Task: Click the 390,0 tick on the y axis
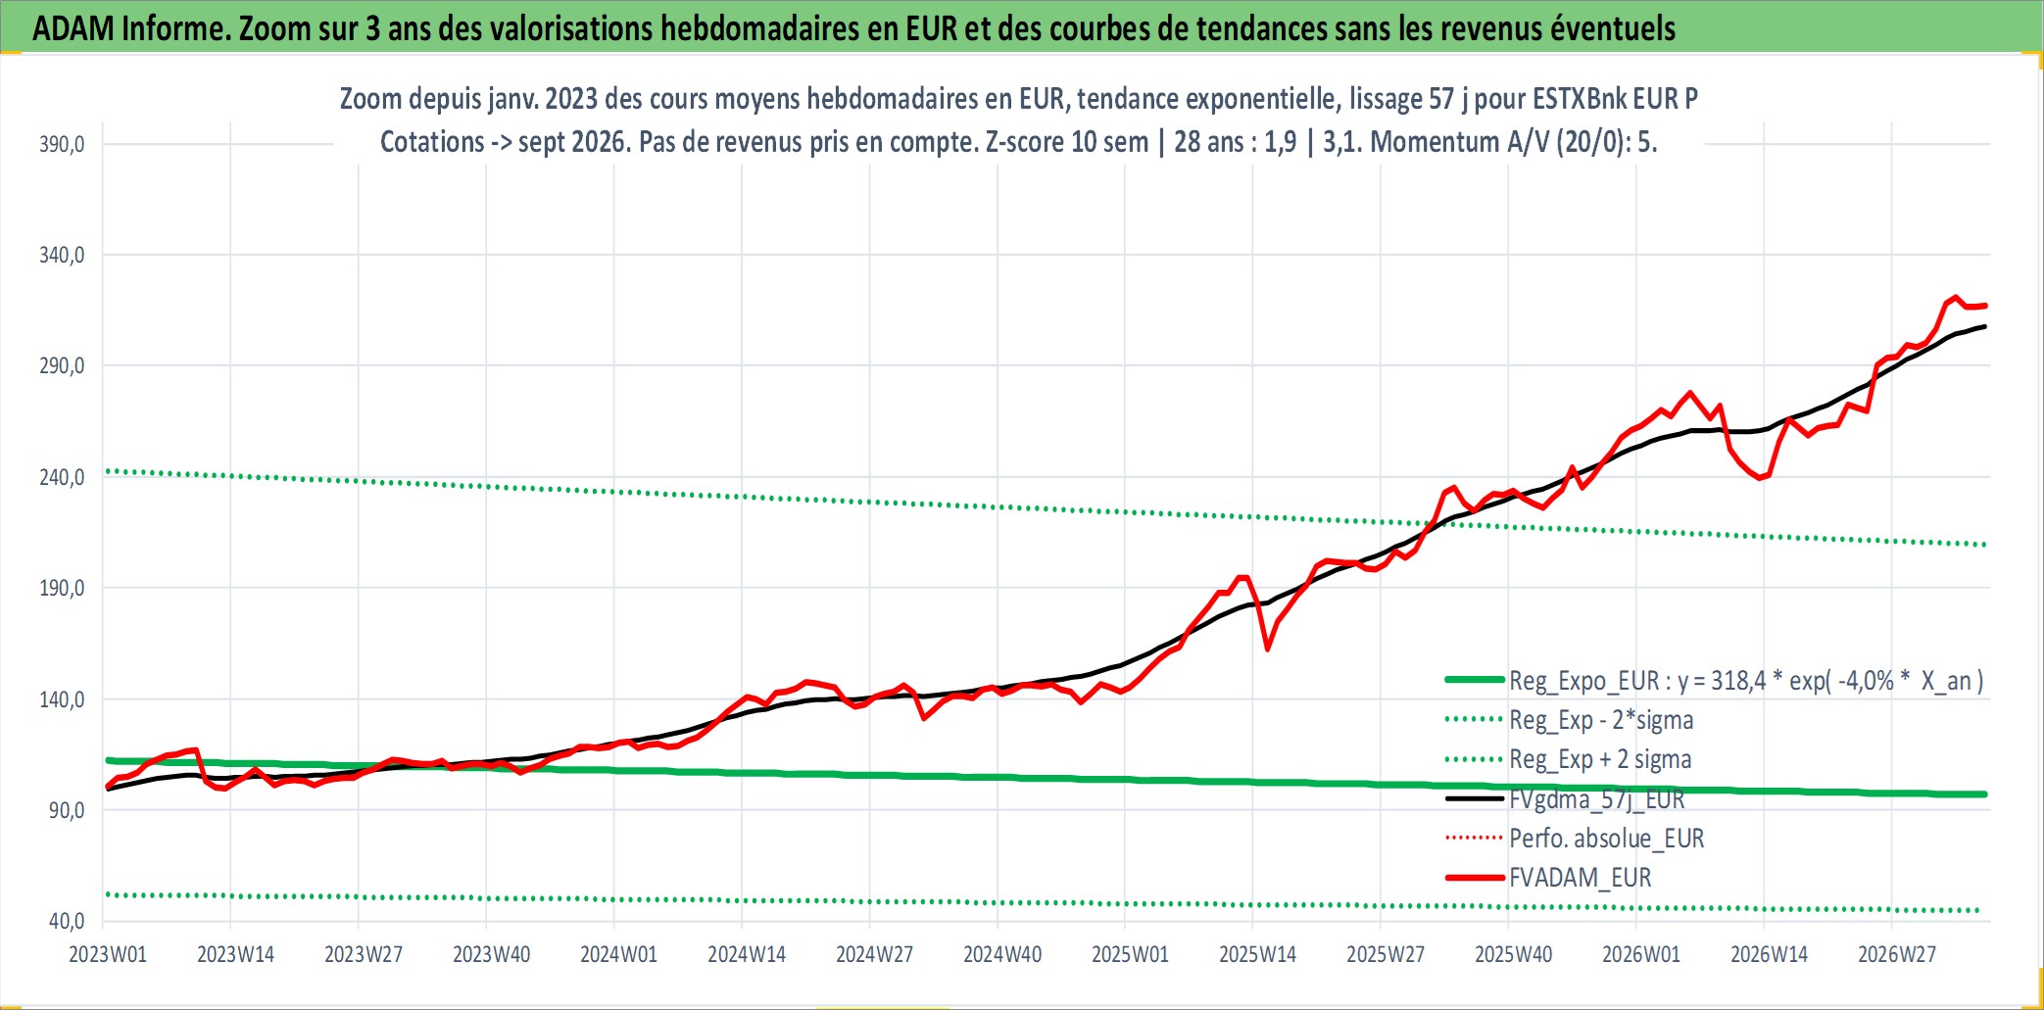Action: [62, 144]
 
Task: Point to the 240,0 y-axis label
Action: [62, 477]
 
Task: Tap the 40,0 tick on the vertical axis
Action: [67, 921]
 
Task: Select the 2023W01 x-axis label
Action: [108, 954]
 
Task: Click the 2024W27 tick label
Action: [874, 954]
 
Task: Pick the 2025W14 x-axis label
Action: [1257, 954]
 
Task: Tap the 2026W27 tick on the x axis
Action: [1897, 954]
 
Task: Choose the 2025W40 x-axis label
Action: [1513, 954]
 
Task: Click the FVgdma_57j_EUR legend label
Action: [1597, 799]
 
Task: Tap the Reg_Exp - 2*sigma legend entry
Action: [1601, 720]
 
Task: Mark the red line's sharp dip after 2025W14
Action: [1267, 649]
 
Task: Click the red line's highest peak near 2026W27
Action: [1955, 297]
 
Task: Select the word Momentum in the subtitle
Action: [1436, 142]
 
